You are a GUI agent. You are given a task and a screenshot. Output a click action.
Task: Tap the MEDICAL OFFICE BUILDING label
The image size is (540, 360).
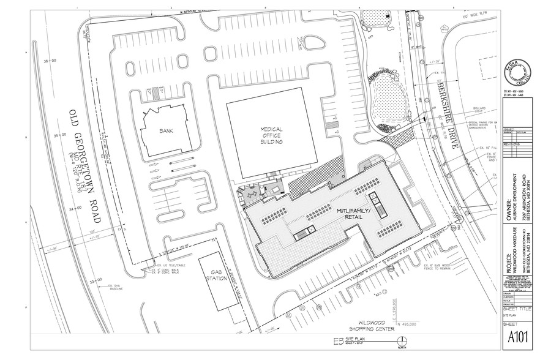(271, 135)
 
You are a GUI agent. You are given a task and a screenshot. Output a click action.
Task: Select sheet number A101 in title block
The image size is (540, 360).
(516, 338)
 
